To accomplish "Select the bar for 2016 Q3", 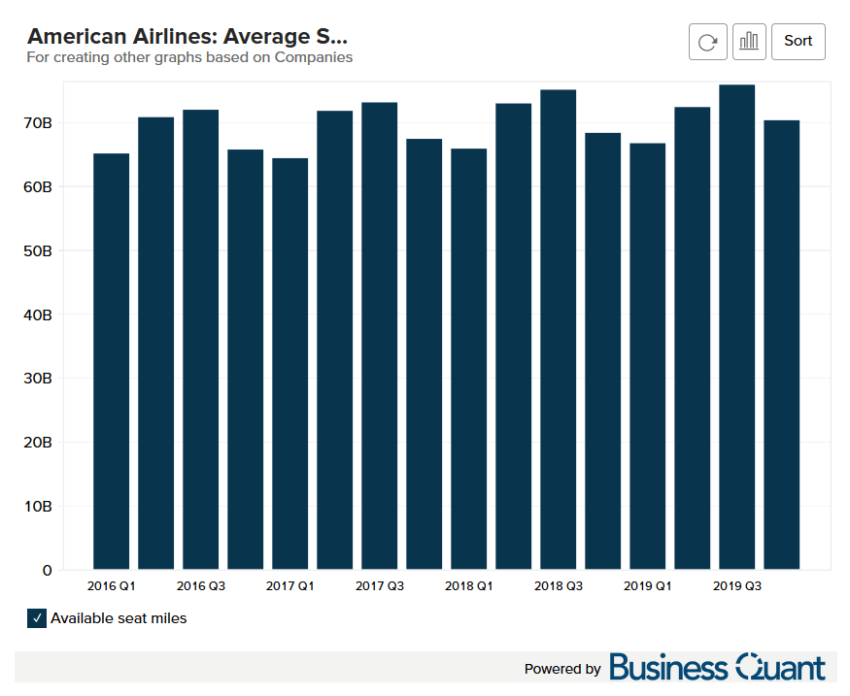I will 200,339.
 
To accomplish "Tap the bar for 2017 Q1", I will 289,363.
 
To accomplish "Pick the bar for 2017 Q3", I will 379,335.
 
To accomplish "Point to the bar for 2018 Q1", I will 468,358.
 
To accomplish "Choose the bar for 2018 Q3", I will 558,329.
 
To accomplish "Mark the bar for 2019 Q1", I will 647,355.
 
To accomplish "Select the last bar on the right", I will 781,345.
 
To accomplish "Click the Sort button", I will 798,41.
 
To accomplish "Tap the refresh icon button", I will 708,41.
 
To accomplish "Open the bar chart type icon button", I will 749,41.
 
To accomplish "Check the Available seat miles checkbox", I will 37,618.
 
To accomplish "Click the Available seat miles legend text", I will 119,618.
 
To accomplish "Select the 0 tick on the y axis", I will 48,571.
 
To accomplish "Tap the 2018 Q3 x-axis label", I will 558,586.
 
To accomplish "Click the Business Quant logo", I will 717,668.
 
